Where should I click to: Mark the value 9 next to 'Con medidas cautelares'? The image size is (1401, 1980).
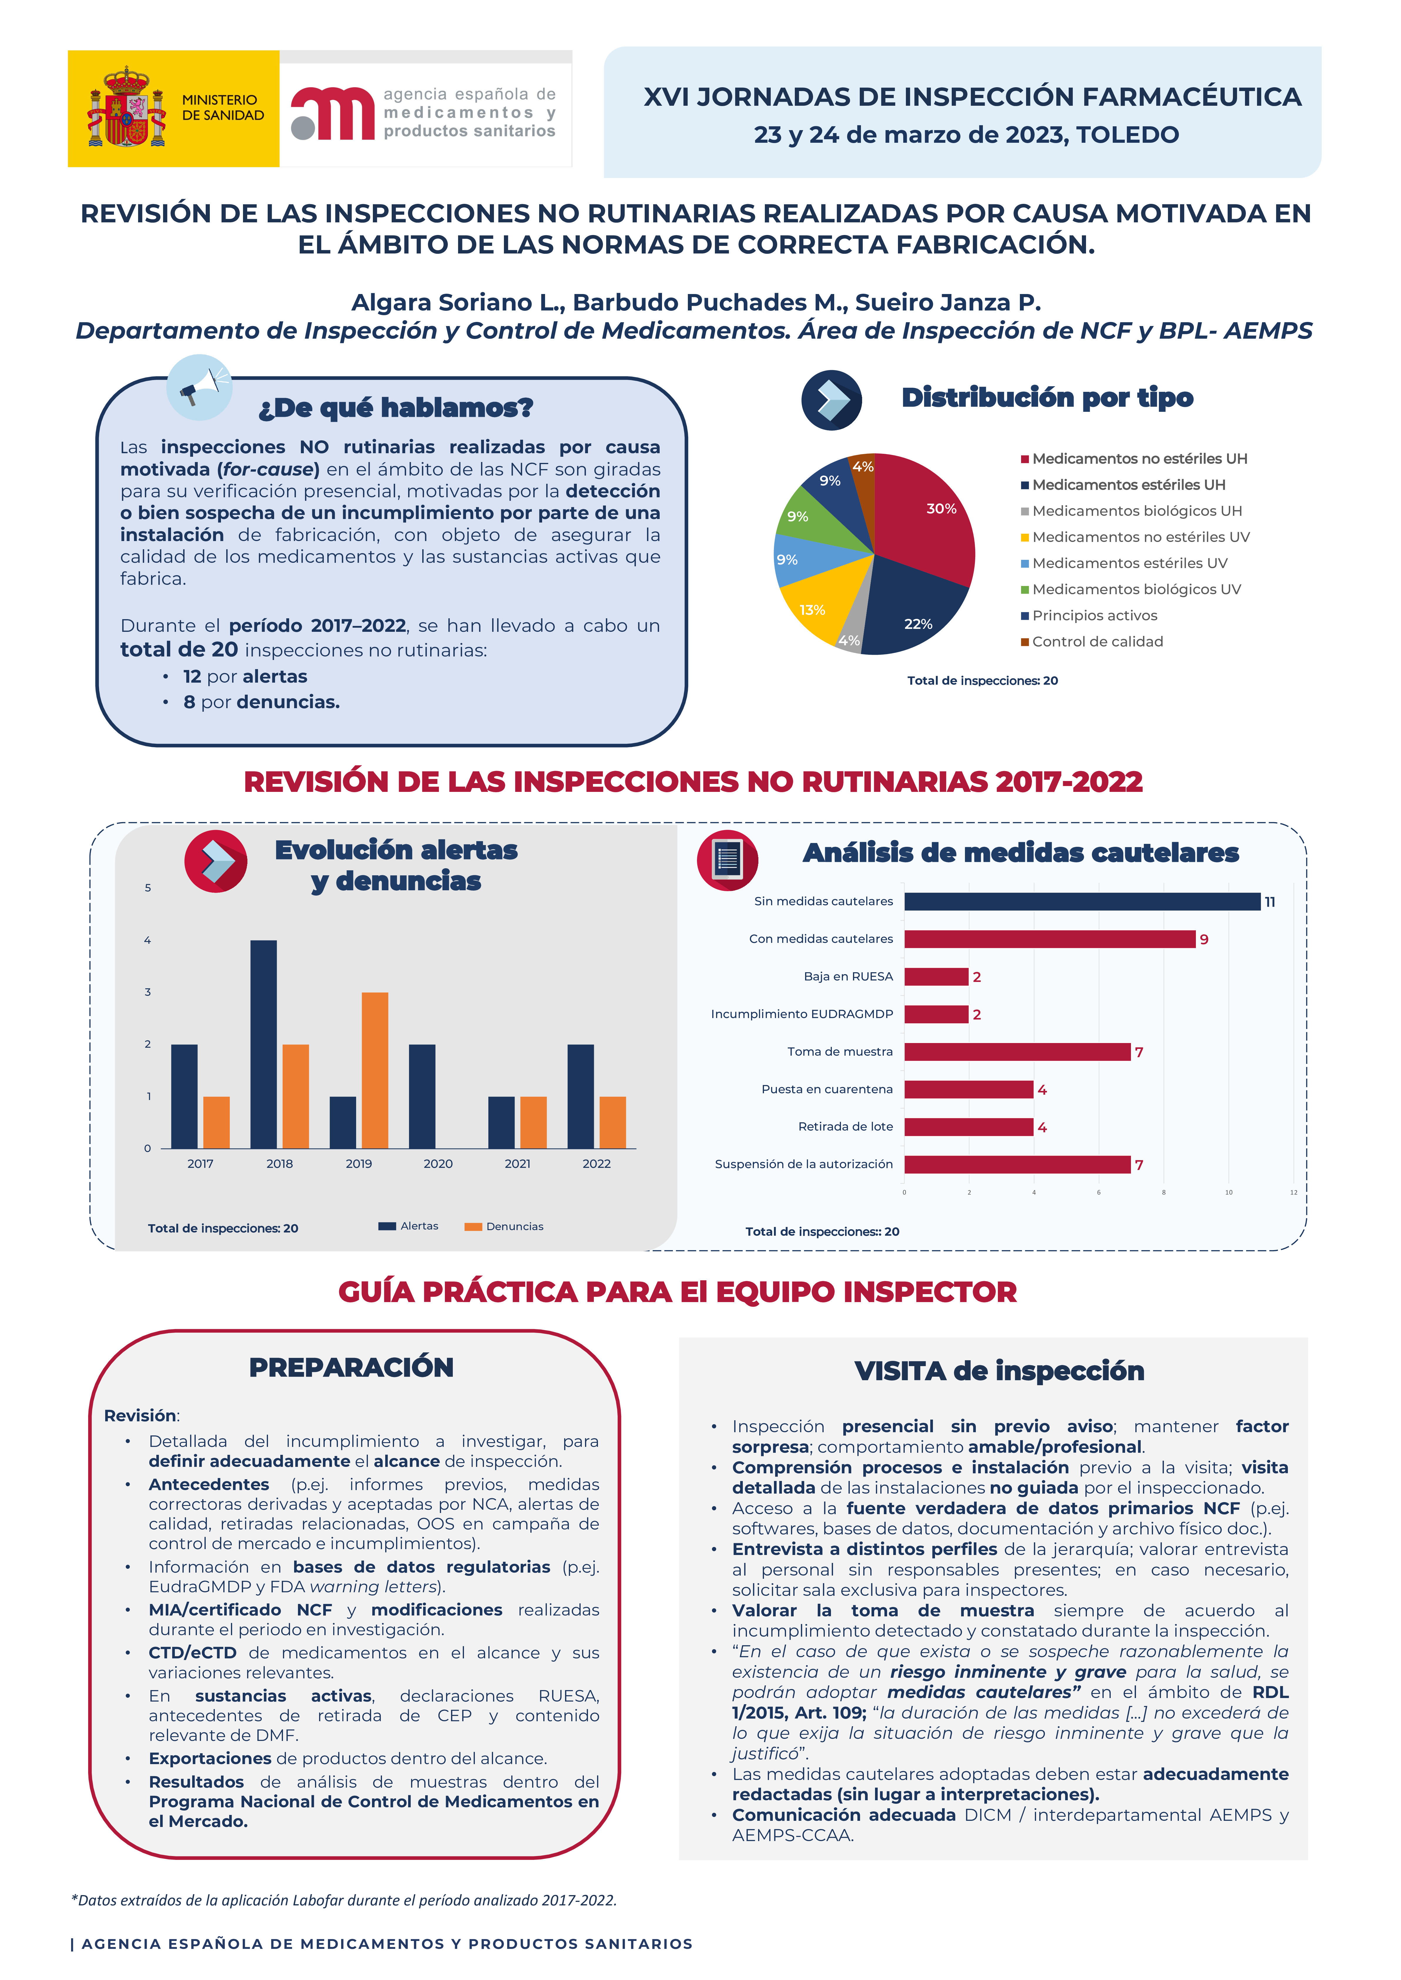tap(1204, 940)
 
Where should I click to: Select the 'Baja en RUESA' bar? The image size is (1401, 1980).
tap(936, 977)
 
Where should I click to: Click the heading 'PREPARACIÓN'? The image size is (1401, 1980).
tap(351, 1368)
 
